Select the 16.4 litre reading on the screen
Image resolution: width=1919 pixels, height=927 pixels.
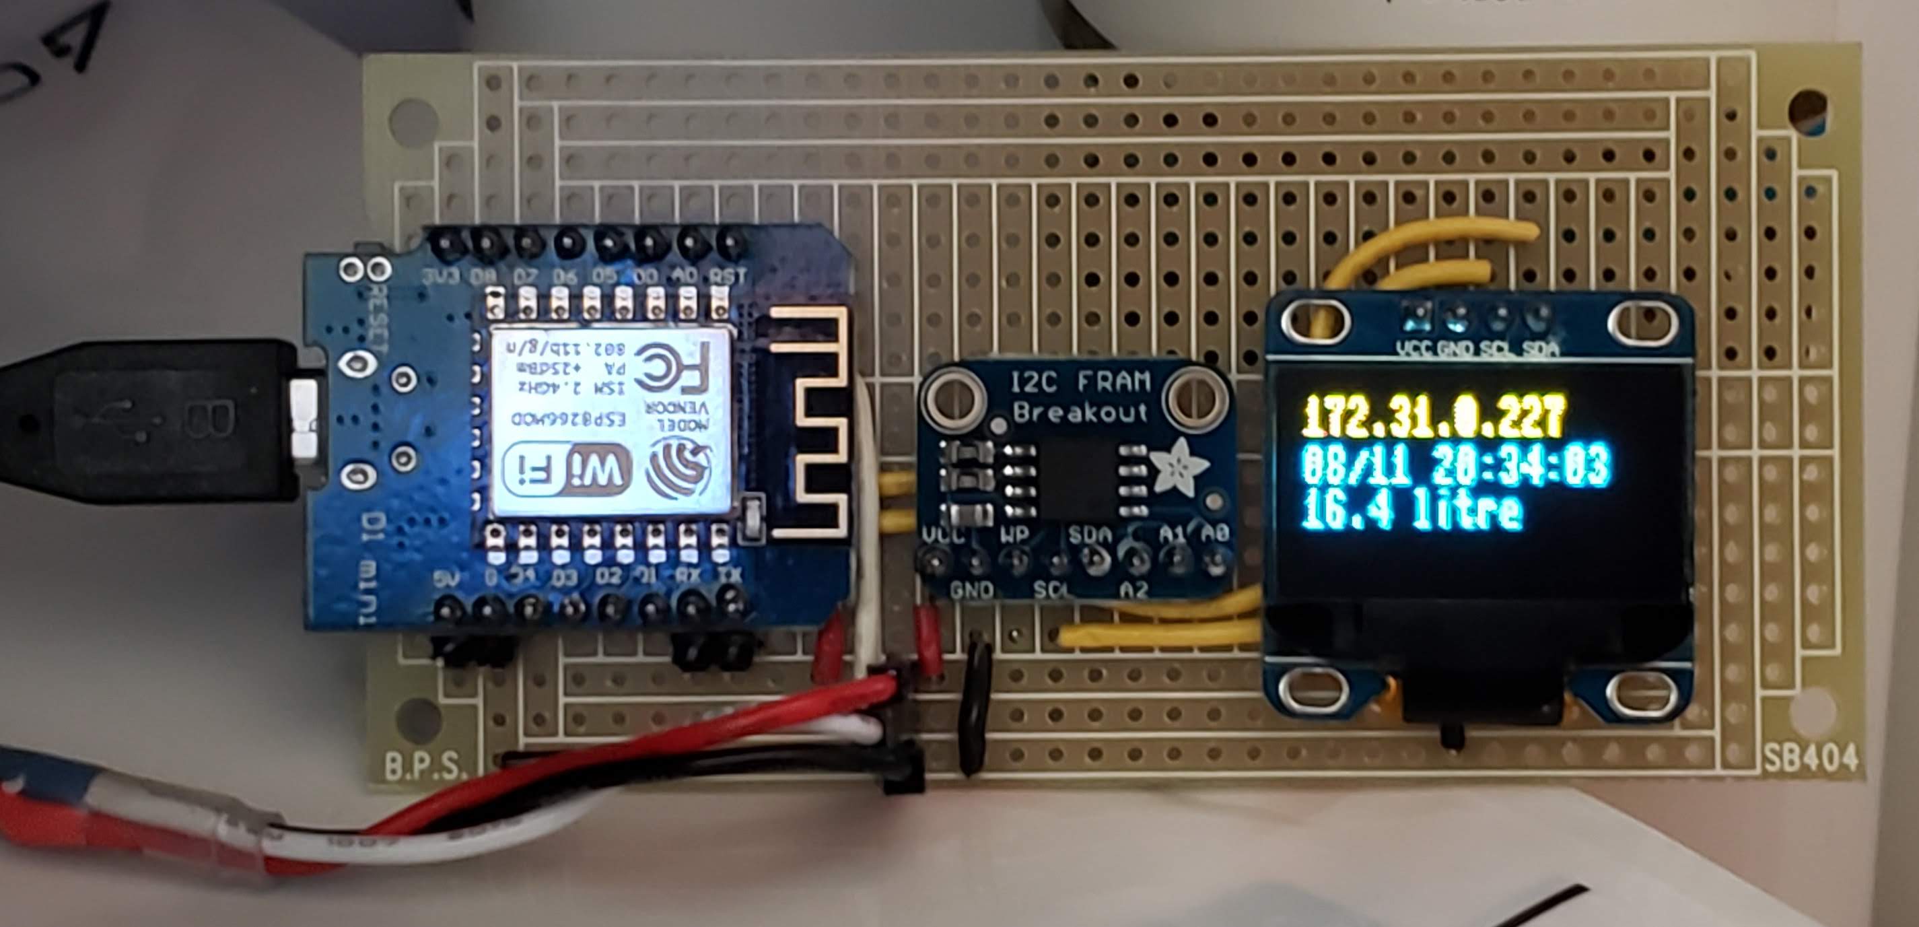point(1410,512)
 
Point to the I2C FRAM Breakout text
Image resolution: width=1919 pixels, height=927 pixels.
point(1080,397)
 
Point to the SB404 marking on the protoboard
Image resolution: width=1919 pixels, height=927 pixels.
point(1810,759)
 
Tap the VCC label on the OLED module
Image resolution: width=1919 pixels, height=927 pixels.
point(1412,348)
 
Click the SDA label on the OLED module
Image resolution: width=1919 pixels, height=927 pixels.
point(1540,348)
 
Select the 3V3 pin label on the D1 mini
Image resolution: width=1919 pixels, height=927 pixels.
point(441,277)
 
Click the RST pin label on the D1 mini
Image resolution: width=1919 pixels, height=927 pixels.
point(727,277)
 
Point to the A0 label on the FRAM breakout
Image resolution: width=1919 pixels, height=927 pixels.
point(1214,534)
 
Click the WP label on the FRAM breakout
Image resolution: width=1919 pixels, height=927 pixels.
point(1013,535)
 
